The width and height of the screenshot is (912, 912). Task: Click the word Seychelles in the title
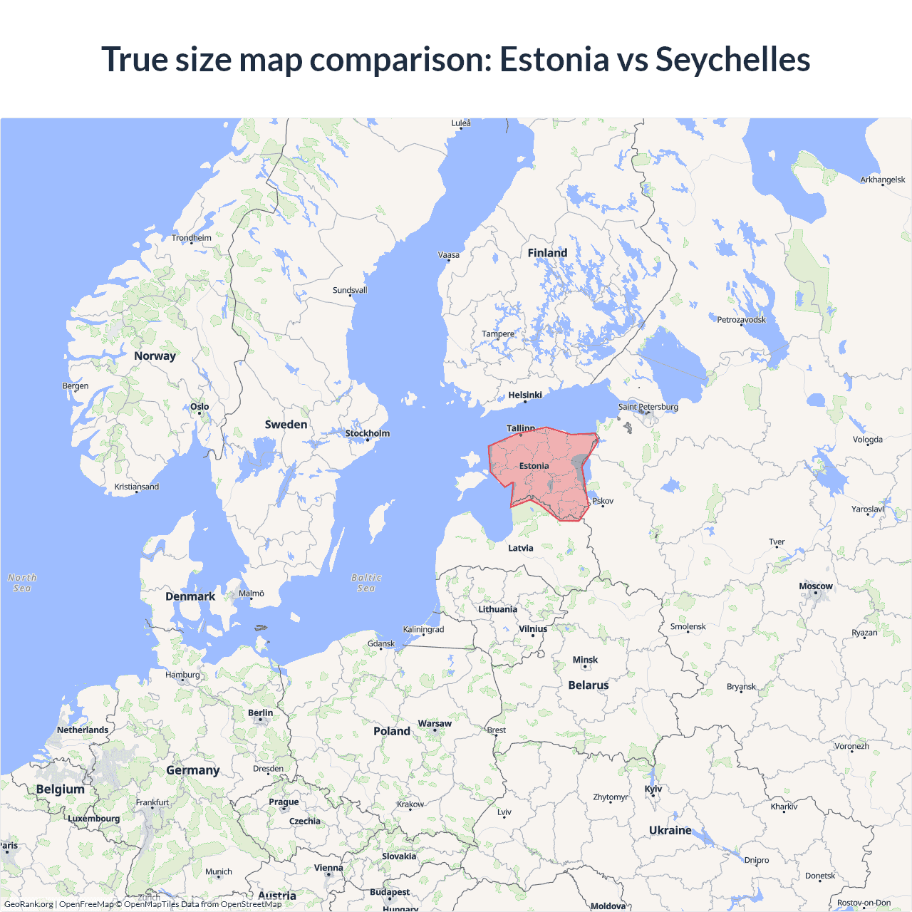[732, 59]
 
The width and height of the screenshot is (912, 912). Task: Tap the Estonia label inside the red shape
[534, 466]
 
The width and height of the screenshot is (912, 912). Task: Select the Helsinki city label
[525, 395]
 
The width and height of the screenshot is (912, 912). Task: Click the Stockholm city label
[368, 433]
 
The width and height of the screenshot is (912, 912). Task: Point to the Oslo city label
[199, 407]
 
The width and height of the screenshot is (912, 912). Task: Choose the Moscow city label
[816, 586]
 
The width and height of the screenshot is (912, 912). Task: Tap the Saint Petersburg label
[648, 407]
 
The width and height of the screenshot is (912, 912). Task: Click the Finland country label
[547, 253]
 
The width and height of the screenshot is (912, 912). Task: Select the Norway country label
[155, 356]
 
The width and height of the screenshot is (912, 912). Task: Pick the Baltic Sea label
[366, 583]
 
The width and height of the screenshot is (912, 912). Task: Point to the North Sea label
[22, 583]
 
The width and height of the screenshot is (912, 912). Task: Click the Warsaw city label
[435, 724]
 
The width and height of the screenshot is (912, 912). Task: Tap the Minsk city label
[585, 660]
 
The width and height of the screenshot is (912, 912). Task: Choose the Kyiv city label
[653, 789]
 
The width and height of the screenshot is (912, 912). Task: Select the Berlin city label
[261, 712]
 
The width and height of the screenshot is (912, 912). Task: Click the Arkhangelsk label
[883, 180]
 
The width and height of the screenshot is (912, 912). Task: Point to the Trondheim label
[192, 238]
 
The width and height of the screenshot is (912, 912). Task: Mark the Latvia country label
[521, 548]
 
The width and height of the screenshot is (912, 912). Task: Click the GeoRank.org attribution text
[28, 904]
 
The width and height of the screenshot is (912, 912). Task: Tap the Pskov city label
[603, 501]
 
